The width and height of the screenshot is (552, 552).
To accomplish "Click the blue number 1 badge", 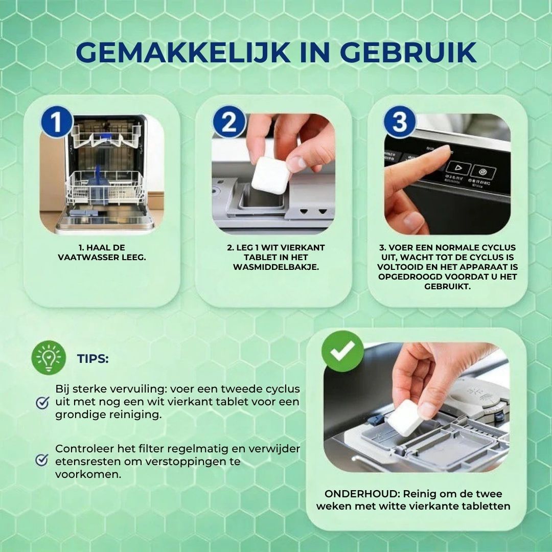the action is coord(57,122).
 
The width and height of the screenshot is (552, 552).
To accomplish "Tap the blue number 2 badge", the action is coord(229,122).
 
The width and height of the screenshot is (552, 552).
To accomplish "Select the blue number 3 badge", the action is coord(400,122).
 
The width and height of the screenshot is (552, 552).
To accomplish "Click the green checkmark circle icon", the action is coord(342,351).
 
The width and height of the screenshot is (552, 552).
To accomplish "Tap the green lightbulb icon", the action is coord(49,358).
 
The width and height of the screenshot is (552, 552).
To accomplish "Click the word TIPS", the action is coord(93,359).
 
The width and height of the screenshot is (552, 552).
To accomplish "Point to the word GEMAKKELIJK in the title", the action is coord(183,53).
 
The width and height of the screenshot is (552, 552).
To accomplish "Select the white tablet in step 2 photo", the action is coord(271,175).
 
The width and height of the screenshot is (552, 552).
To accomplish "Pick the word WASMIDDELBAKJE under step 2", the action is coord(275,267).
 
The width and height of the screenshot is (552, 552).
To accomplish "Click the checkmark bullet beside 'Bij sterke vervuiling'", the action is coord(42,402).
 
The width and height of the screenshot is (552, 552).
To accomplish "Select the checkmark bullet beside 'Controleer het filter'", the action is coord(42,459).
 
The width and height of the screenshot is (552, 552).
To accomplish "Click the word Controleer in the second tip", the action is coord(84,449).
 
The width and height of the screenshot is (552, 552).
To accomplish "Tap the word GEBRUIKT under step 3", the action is coord(447,286).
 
